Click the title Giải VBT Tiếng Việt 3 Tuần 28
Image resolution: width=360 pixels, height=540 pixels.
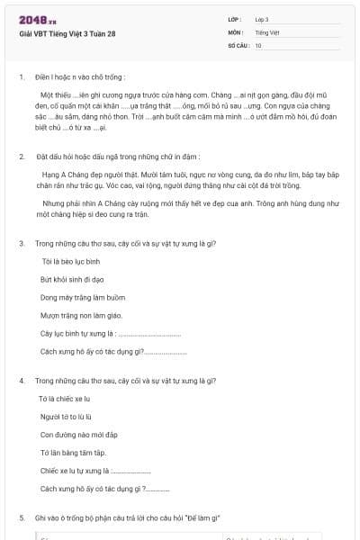[67, 34]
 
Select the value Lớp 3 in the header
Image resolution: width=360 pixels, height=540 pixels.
[262, 19]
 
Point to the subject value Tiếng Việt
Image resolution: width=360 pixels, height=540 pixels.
[266, 31]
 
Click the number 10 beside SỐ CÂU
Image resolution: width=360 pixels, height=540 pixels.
[258, 44]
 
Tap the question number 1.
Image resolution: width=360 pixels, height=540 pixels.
[22, 77]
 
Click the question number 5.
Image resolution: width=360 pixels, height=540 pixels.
[22, 518]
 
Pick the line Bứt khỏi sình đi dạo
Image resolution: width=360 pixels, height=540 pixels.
[71, 279]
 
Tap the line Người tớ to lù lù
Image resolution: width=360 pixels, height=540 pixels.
[67, 417]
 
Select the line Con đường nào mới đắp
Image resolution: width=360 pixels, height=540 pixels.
[74, 435]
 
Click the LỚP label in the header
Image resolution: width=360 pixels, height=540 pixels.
[235, 19]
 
